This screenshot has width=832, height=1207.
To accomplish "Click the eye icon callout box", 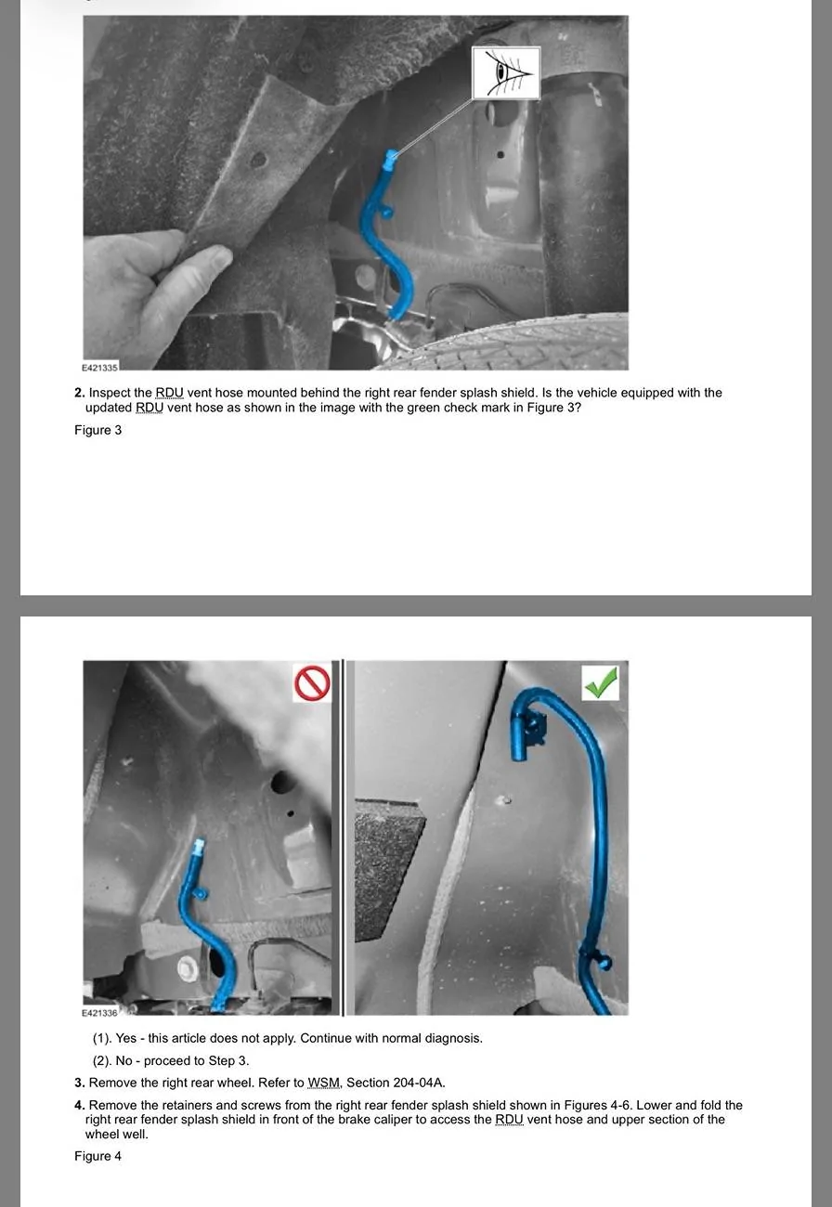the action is pyautogui.click(x=506, y=72).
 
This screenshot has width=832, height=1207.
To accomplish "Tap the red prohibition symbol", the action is pyautogui.click(x=312, y=682).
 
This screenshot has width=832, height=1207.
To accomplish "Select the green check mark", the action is pyautogui.click(x=601, y=682).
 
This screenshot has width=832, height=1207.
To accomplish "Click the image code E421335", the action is pyautogui.click(x=99, y=368).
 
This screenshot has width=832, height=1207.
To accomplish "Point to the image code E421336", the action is pyautogui.click(x=99, y=1012).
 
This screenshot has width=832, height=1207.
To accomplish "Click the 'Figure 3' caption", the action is pyautogui.click(x=98, y=430).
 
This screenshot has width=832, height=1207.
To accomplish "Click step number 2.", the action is pyautogui.click(x=79, y=392).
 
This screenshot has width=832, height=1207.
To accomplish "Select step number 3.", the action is pyautogui.click(x=79, y=1083).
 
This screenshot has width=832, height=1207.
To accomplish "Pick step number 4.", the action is pyautogui.click(x=79, y=1105).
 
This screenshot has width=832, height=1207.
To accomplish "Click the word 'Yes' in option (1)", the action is pyautogui.click(x=126, y=1038).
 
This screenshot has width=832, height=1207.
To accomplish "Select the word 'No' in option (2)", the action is pyautogui.click(x=123, y=1060).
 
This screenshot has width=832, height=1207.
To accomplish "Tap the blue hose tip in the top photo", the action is pyautogui.click(x=391, y=158).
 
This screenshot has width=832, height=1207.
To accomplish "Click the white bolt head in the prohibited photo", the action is pyautogui.click(x=188, y=968).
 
